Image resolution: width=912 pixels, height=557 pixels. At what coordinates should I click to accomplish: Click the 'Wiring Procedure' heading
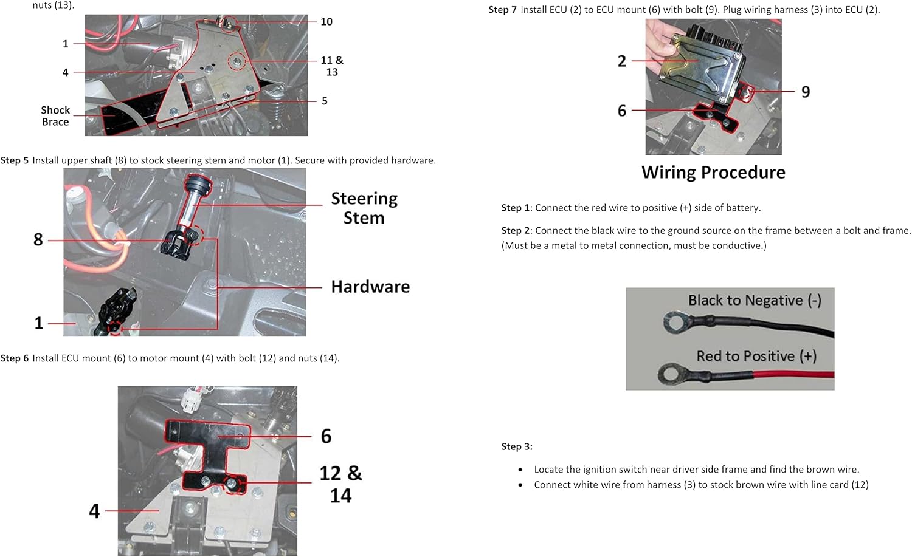pyautogui.click(x=713, y=173)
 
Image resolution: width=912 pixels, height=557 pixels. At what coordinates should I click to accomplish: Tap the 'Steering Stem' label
pyautogui.click(x=364, y=208)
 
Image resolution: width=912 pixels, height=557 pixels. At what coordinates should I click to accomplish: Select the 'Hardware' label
pyautogui.click(x=370, y=287)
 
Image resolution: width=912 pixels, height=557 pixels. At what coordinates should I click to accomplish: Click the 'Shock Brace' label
pyautogui.click(x=55, y=116)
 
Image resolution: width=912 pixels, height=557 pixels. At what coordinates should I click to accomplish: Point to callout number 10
pyautogui.click(x=326, y=22)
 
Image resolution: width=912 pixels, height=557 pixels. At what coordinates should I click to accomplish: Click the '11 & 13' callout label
pyautogui.click(x=332, y=66)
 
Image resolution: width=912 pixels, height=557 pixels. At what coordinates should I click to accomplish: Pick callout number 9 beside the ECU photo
pyautogui.click(x=806, y=92)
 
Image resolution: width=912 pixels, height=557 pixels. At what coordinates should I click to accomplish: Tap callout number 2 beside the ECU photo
pyautogui.click(x=622, y=61)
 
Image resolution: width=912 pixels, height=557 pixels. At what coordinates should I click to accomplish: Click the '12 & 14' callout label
pyautogui.click(x=340, y=484)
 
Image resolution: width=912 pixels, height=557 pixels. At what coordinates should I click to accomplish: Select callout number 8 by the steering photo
pyautogui.click(x=38, y=239)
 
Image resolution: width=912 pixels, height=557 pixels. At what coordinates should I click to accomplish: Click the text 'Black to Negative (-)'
pyautogui.click(x=755, y=300)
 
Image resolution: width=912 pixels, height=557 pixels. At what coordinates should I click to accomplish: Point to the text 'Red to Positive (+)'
pyautogui.click(x=756, y=356)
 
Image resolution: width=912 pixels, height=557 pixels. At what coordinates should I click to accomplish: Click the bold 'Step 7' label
pyautogui.click(x=503, y=10)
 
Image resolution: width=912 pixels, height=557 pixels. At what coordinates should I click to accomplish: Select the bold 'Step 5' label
pyautogui.click(x=14, y=160)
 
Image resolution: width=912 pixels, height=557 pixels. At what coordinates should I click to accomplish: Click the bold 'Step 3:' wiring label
pyautogui.click(x=517, y=446)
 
